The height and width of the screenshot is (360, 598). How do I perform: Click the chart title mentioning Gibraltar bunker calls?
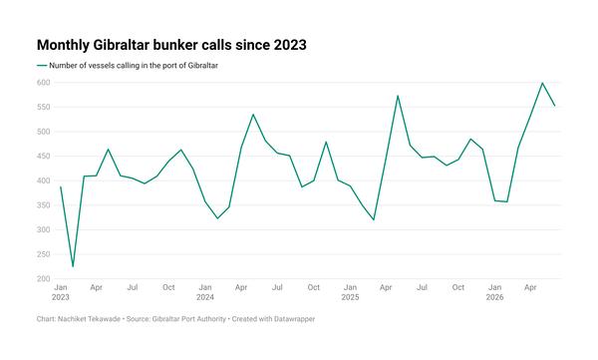[x=171, y=45]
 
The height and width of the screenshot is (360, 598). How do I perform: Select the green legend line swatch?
[x=42, y=66]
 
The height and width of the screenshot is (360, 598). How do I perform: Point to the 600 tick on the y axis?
[x=44, y=83]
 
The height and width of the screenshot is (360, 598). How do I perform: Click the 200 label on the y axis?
[x=44, y=278]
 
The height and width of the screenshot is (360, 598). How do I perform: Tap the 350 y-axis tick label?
[x=44, y=205]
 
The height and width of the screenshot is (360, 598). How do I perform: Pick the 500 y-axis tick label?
[x=44, y=132]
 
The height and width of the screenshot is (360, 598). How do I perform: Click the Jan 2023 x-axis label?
[x=61, y=292]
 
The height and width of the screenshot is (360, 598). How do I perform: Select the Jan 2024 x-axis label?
[x=205, y=292]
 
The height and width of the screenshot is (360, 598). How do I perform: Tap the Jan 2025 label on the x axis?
[x=350, y=292]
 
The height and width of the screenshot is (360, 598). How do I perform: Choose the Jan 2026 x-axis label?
[x=494, y=292]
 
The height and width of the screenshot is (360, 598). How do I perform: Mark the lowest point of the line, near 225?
[x=73, y=266]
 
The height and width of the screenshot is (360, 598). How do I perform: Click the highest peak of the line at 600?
[x=542, y=83]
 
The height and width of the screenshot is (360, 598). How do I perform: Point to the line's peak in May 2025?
[x=398, y=96]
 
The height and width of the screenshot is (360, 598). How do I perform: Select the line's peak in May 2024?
[x=253, y=114]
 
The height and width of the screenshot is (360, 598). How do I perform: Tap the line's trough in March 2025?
[x=374, y=220]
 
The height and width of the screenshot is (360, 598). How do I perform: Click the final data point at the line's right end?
[x=554, y=106]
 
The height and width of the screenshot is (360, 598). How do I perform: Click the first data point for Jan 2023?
[x=61, y=186]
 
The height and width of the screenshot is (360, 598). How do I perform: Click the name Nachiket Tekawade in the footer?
[x=89, y=319]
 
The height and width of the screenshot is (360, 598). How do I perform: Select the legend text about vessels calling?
[x=134, y=66]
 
